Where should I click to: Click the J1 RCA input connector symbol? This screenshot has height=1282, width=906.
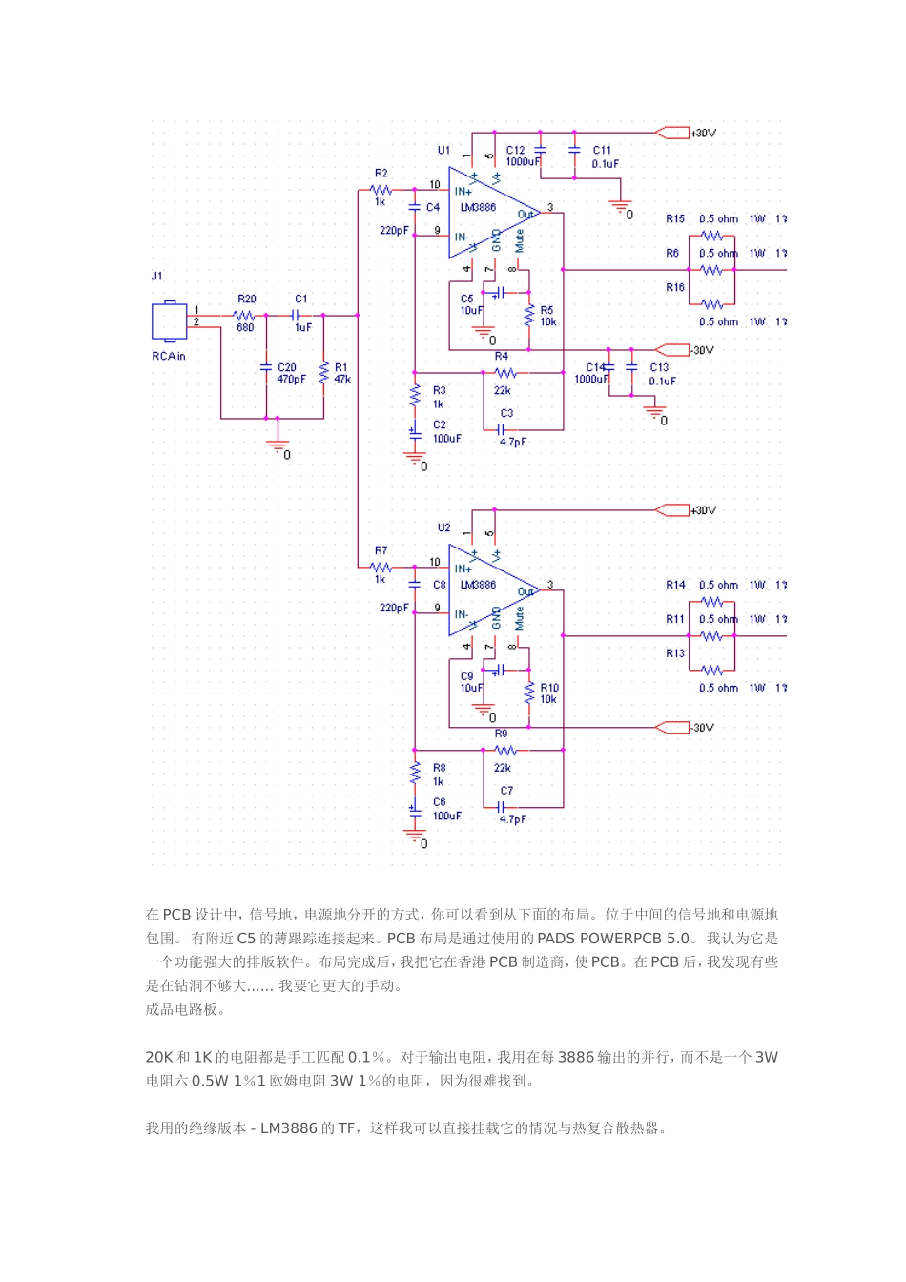(x=169, y=320)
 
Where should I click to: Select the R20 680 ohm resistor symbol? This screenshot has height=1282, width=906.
(x=245, y=315)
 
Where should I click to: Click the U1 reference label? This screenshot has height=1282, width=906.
(x=443, y=150)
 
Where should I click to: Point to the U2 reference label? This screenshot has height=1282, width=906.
(x=443, y=527)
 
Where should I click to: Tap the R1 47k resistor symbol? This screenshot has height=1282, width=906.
(x=324, y=371)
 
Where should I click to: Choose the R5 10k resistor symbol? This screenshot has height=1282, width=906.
(x=529, y=315)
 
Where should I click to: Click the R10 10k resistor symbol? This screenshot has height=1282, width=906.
(x=529, y=693)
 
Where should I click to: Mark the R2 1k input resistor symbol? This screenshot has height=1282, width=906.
(x=381, y=189)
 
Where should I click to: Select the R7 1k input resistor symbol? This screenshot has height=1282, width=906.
(x=381, y=567)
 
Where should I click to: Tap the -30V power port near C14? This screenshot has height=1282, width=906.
(x=673, y=350)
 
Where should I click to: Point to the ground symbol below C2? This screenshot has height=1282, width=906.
(x=415, y=459)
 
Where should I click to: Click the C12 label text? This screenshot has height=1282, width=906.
(x=515, y=150)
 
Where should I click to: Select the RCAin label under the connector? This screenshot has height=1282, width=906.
(x=169, y=356)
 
